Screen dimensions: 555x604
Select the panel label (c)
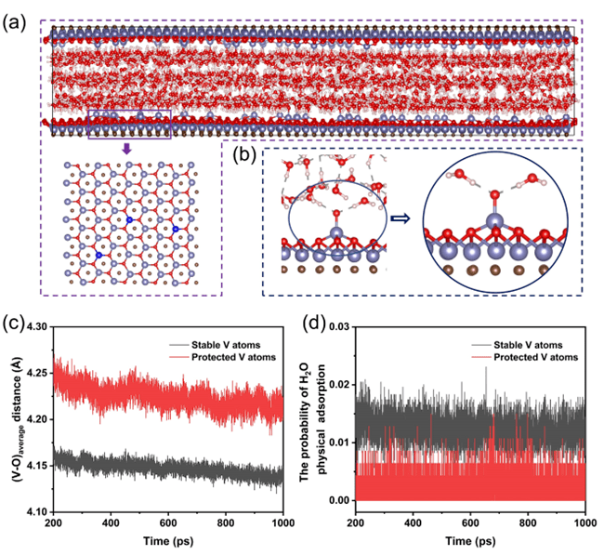pos(16,324)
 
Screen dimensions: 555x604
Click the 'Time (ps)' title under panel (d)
pos(470,541)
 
